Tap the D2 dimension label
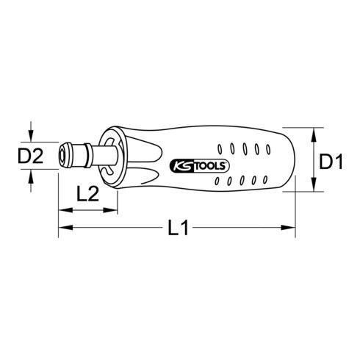coord(33,156)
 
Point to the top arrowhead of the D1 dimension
coord(315,132)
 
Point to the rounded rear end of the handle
coord(292,159)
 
